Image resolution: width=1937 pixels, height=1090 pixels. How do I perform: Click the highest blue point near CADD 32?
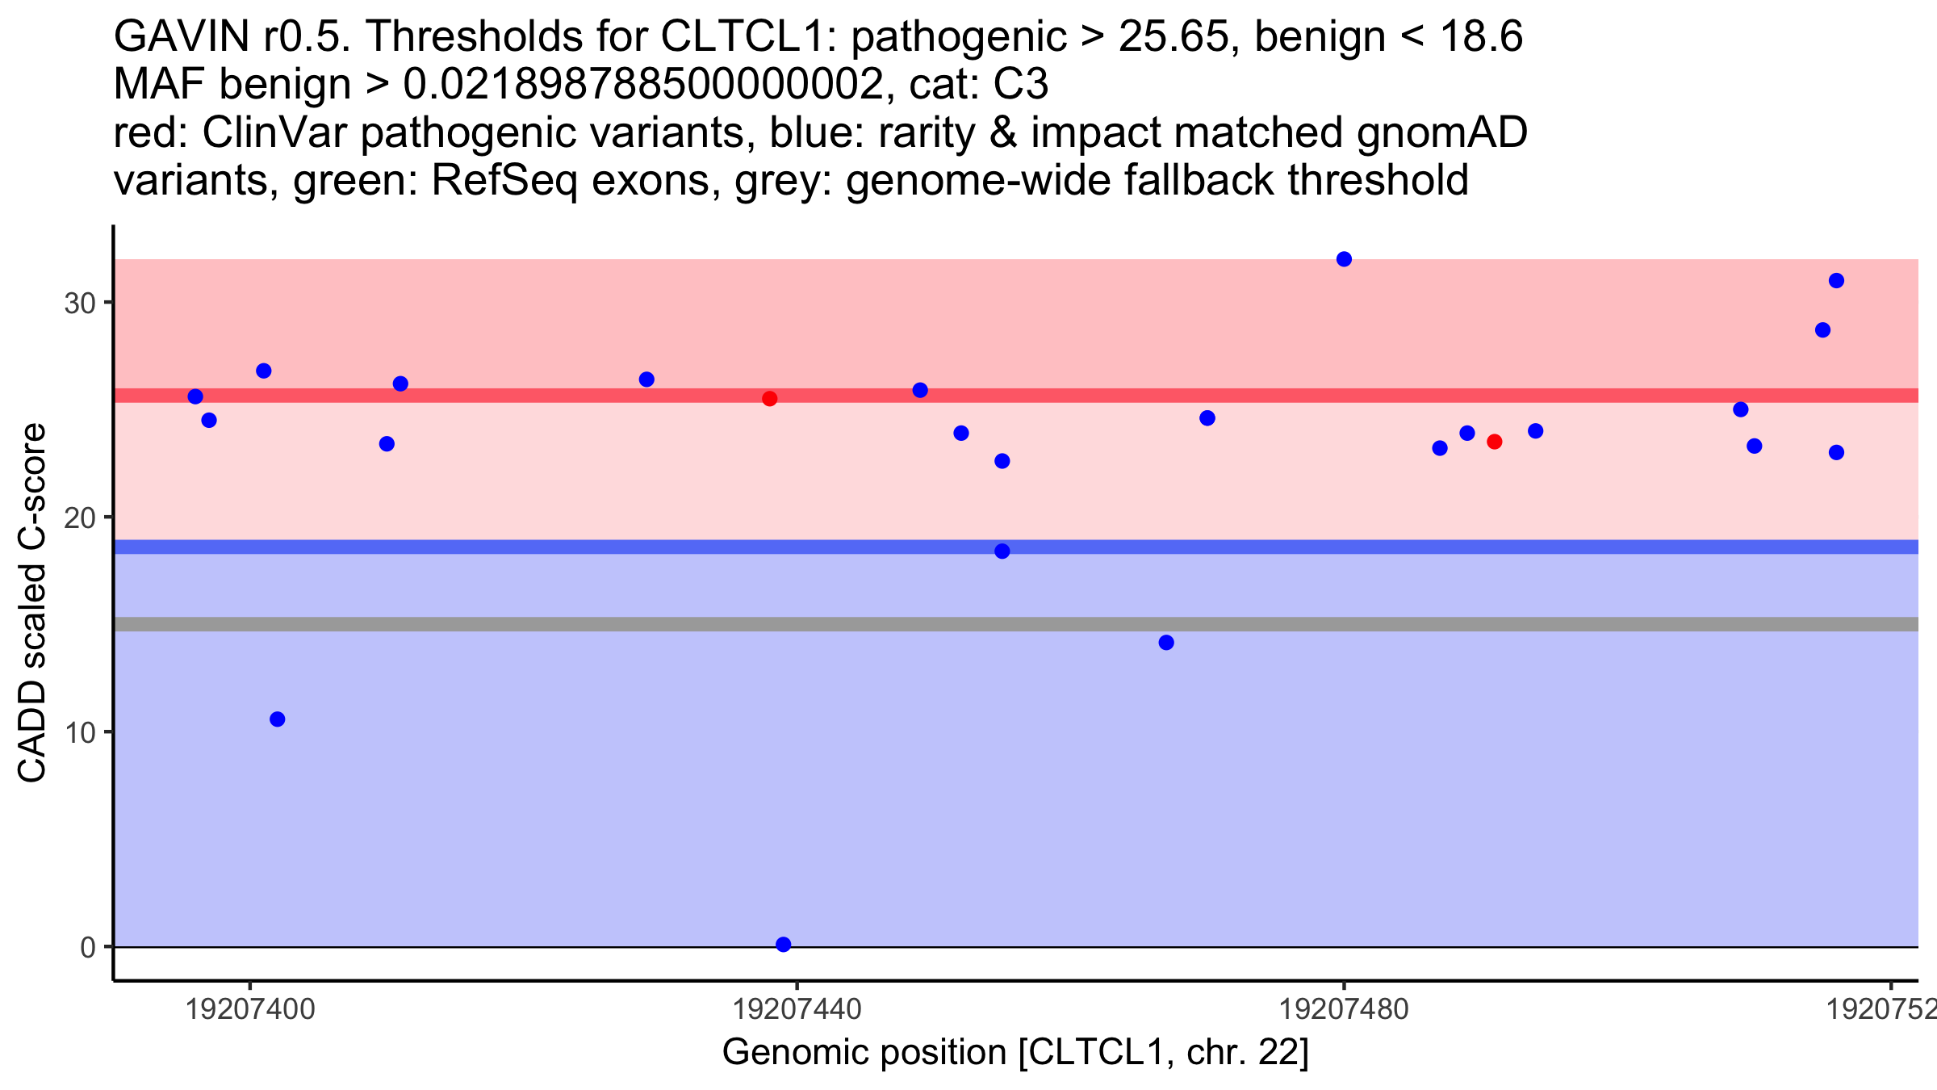click(x=1344, y=259)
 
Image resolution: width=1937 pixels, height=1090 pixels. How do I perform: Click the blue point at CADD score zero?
click(x=783, y=944)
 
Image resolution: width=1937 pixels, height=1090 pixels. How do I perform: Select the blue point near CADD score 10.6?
click(x=277, y=719)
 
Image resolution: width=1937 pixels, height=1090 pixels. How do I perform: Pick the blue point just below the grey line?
click(x=1166, y=643)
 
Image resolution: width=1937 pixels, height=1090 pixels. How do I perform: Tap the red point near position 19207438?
click(x=769, y=399)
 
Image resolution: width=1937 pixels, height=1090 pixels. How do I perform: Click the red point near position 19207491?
click(x=1494, y=442)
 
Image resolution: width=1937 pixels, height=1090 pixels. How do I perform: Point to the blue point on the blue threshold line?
click(x=1002, y=551)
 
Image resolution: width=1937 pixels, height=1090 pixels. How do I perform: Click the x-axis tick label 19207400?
click(x=250, y=1009)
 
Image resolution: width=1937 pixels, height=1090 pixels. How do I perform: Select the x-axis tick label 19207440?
click(x=797, y=1009)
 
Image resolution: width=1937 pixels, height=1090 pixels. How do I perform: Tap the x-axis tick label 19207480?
click(x=1344, y=1009)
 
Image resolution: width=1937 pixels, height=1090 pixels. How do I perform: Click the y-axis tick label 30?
click(x=79, y=304)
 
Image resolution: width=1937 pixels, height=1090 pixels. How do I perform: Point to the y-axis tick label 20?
click(x=79, y=518)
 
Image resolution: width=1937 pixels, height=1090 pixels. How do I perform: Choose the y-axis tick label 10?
click(x=79, y=732)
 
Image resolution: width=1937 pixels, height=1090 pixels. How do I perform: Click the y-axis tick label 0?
click(x=87, y=947)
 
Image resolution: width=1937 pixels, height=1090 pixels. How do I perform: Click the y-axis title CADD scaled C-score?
click(x=32, y=603)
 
